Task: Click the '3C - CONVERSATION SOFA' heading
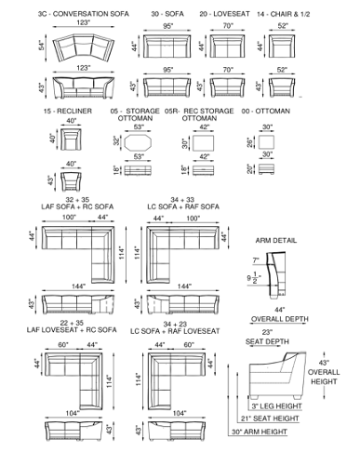(x=83, y=14)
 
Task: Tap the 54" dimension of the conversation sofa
(x=42, y=46)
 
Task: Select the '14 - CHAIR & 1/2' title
(x=283, y=14)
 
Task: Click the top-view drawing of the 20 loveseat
(x=227, y=47)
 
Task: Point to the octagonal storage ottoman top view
(x=138, y=143)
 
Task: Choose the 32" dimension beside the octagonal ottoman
(x=116, y=142)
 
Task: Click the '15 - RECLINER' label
(x=68, y=111)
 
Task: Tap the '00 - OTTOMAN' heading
(x=266, y=111)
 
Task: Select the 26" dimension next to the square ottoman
(x=250, y=142)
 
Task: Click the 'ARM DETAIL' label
(x=276, y=241)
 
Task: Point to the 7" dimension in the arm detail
(x=256, y=260)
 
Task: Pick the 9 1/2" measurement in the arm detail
(x=254, y=278)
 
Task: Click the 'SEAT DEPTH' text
(x=267, y=341)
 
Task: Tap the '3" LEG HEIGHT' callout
(x=276, y=406)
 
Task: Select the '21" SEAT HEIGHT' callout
(x=270, y=419)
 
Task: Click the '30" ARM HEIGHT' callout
(x=260, y=432)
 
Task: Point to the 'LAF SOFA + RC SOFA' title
(x=77, y=206)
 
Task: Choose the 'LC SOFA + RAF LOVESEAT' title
(x=175, y=331)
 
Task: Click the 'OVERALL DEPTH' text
(x=280, y=319)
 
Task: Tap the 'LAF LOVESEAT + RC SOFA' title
(x=72, y=330)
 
